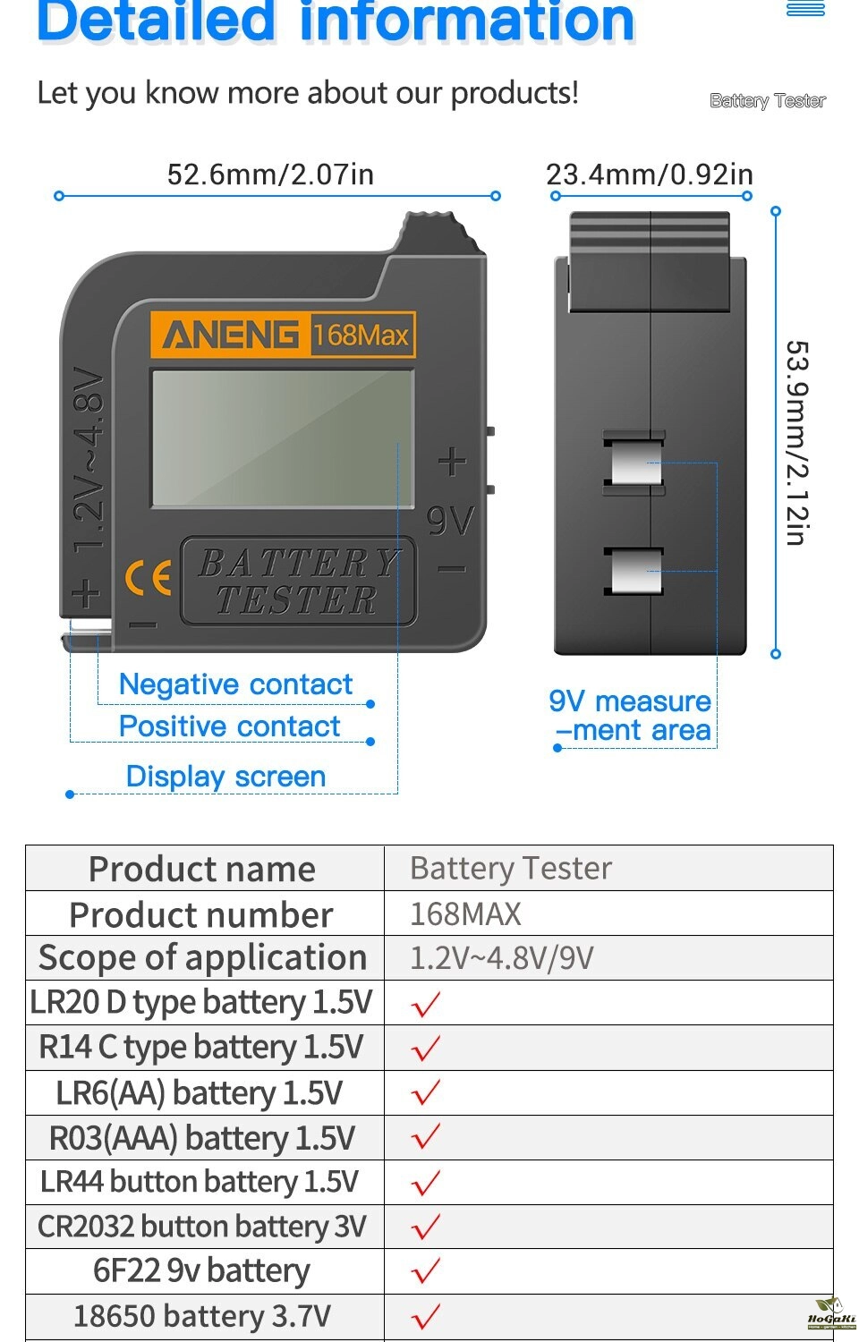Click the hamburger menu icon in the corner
805,8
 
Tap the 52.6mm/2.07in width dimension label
271,174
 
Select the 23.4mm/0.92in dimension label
650,174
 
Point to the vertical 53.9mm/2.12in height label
797,443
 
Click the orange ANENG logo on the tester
231,335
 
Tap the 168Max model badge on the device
361,335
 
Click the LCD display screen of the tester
283,438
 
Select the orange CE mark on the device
148,578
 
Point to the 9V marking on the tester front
450,521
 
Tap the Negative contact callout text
235,684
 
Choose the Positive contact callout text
229,726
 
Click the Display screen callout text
225,777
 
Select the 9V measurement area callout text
630,716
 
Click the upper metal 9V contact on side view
634,463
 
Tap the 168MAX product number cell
465,914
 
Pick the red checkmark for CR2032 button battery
426,1227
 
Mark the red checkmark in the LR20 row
426,1004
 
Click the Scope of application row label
202,957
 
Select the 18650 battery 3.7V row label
202,1316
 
